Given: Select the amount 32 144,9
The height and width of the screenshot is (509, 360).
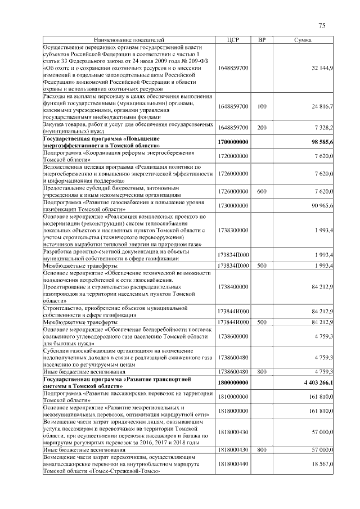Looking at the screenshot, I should (323, 67).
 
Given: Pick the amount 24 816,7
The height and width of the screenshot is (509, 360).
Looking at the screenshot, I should (323, 106).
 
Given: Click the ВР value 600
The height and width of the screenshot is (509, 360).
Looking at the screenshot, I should (262, 192).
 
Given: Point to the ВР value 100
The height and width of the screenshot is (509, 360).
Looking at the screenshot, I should (262, 106).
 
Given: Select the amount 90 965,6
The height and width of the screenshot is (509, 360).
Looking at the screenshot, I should (323, 206).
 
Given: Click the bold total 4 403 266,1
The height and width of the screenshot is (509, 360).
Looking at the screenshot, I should (318, 382).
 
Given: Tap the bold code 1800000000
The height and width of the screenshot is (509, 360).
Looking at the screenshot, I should (233, 382).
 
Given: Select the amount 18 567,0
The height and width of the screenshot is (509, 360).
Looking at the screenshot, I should (323, 464).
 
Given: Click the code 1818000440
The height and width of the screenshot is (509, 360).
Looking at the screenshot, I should (233, 464).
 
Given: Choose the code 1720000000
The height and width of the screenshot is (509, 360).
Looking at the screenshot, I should (233, 155).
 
